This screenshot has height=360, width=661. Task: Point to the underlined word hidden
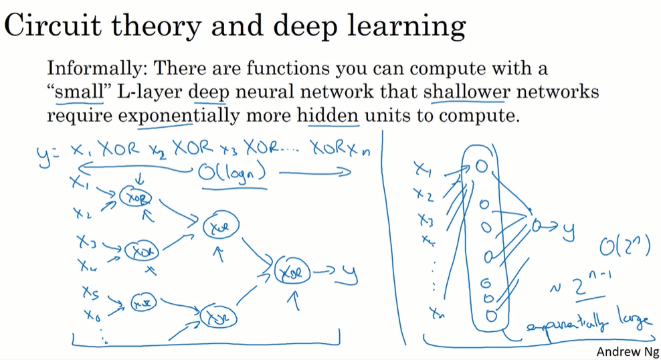point(328,115)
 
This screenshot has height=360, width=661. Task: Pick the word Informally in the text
point(91,68)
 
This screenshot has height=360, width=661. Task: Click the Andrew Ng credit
point(626,351)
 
